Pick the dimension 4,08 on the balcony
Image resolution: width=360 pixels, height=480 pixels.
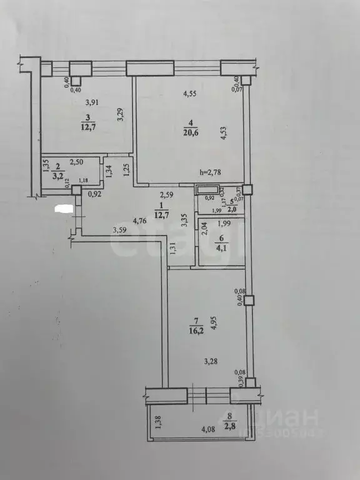point(209,429)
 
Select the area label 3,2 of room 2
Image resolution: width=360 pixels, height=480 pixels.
point(57,176)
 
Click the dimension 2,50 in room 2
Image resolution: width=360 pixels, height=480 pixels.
point(76,162)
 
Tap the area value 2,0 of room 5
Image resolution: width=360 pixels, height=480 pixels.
point(232,211)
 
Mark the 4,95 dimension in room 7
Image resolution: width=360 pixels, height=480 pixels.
point(213,324)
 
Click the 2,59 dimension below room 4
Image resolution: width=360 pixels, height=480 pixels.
point(166,194)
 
